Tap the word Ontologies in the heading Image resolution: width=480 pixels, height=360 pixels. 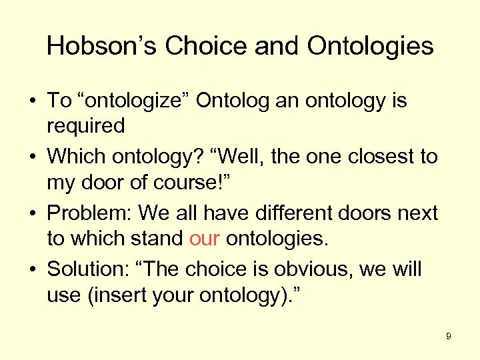(x=370, y=46)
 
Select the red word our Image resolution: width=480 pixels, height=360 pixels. (x=204, y=238)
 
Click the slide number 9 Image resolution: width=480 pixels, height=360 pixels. (x=449, y=336)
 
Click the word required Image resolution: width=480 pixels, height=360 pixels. (x=85, y=125)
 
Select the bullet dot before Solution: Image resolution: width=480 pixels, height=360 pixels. (x=32, y=269)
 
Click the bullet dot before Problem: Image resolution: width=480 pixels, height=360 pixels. (x=32, y=213)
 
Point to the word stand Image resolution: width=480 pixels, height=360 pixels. (x=159, y=238)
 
